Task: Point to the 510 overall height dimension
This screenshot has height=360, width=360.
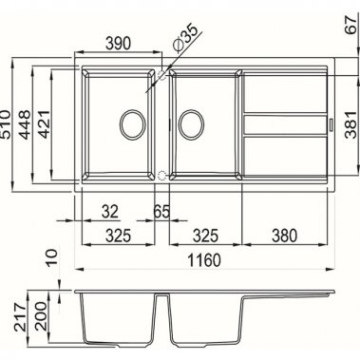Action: (x=9, y=123)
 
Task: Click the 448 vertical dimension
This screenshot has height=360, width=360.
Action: (x=25, y=123)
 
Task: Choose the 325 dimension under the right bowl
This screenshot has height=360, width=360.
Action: (x=201, y=234)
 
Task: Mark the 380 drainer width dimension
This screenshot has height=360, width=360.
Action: (x=286, y=234)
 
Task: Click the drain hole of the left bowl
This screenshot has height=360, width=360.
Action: (x=133, y=123)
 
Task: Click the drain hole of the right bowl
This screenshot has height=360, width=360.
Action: (x=191, y=123)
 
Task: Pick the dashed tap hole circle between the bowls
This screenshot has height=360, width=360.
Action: (x=161, y=177)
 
